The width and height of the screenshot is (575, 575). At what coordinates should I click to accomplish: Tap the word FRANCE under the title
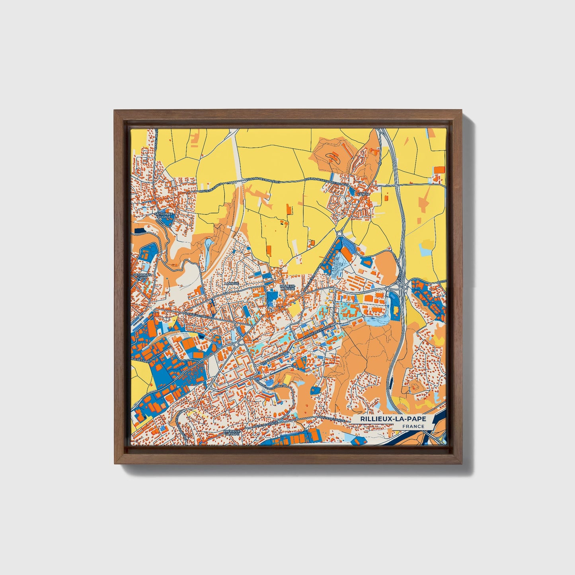[x=413, y=427]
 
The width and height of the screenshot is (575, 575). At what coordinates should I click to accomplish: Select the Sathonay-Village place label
[x=162, y=215]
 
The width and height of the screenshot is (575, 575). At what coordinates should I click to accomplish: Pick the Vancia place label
[x=364, y=194]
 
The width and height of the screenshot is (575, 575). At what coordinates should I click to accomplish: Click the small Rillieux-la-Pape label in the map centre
[x=287, y=287]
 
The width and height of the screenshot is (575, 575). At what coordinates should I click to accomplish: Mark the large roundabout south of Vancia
[x=339, y=234]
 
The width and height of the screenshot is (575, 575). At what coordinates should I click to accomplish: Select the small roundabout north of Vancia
[x=380, y=163]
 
